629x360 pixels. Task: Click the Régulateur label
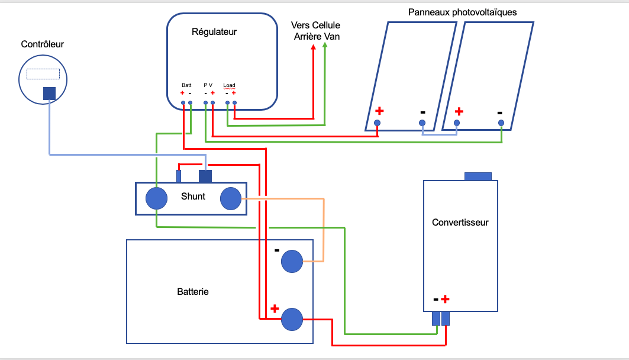[x=214, y=32]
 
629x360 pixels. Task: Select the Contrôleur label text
[x=42, y=44]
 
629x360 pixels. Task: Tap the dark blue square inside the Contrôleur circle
[x=50, y=94]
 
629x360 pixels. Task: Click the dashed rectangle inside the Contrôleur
[x=43, y=73]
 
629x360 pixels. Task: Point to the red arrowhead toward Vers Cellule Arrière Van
[x=313, y=48]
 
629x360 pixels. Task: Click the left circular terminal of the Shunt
[x=157, y=198]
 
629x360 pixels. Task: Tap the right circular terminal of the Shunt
[x=230, y=198]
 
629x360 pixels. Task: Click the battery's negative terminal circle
[x=292, y=261]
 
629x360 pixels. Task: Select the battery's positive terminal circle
[x=292, y=319]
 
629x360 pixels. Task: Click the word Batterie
[x=193, y=292]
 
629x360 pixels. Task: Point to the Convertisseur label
[x=460, y=223]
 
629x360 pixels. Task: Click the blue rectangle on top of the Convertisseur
[x=478, y=176]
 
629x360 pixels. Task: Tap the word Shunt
[x=193, y=196]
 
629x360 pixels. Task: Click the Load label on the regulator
[x=229, y=85]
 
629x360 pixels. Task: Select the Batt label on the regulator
[x=186, y=85]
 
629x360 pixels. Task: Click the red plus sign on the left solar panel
[x=379, y=111]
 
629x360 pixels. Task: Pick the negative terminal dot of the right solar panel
[x=501, y=123]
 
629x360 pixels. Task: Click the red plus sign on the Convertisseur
[x=446, y=300]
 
